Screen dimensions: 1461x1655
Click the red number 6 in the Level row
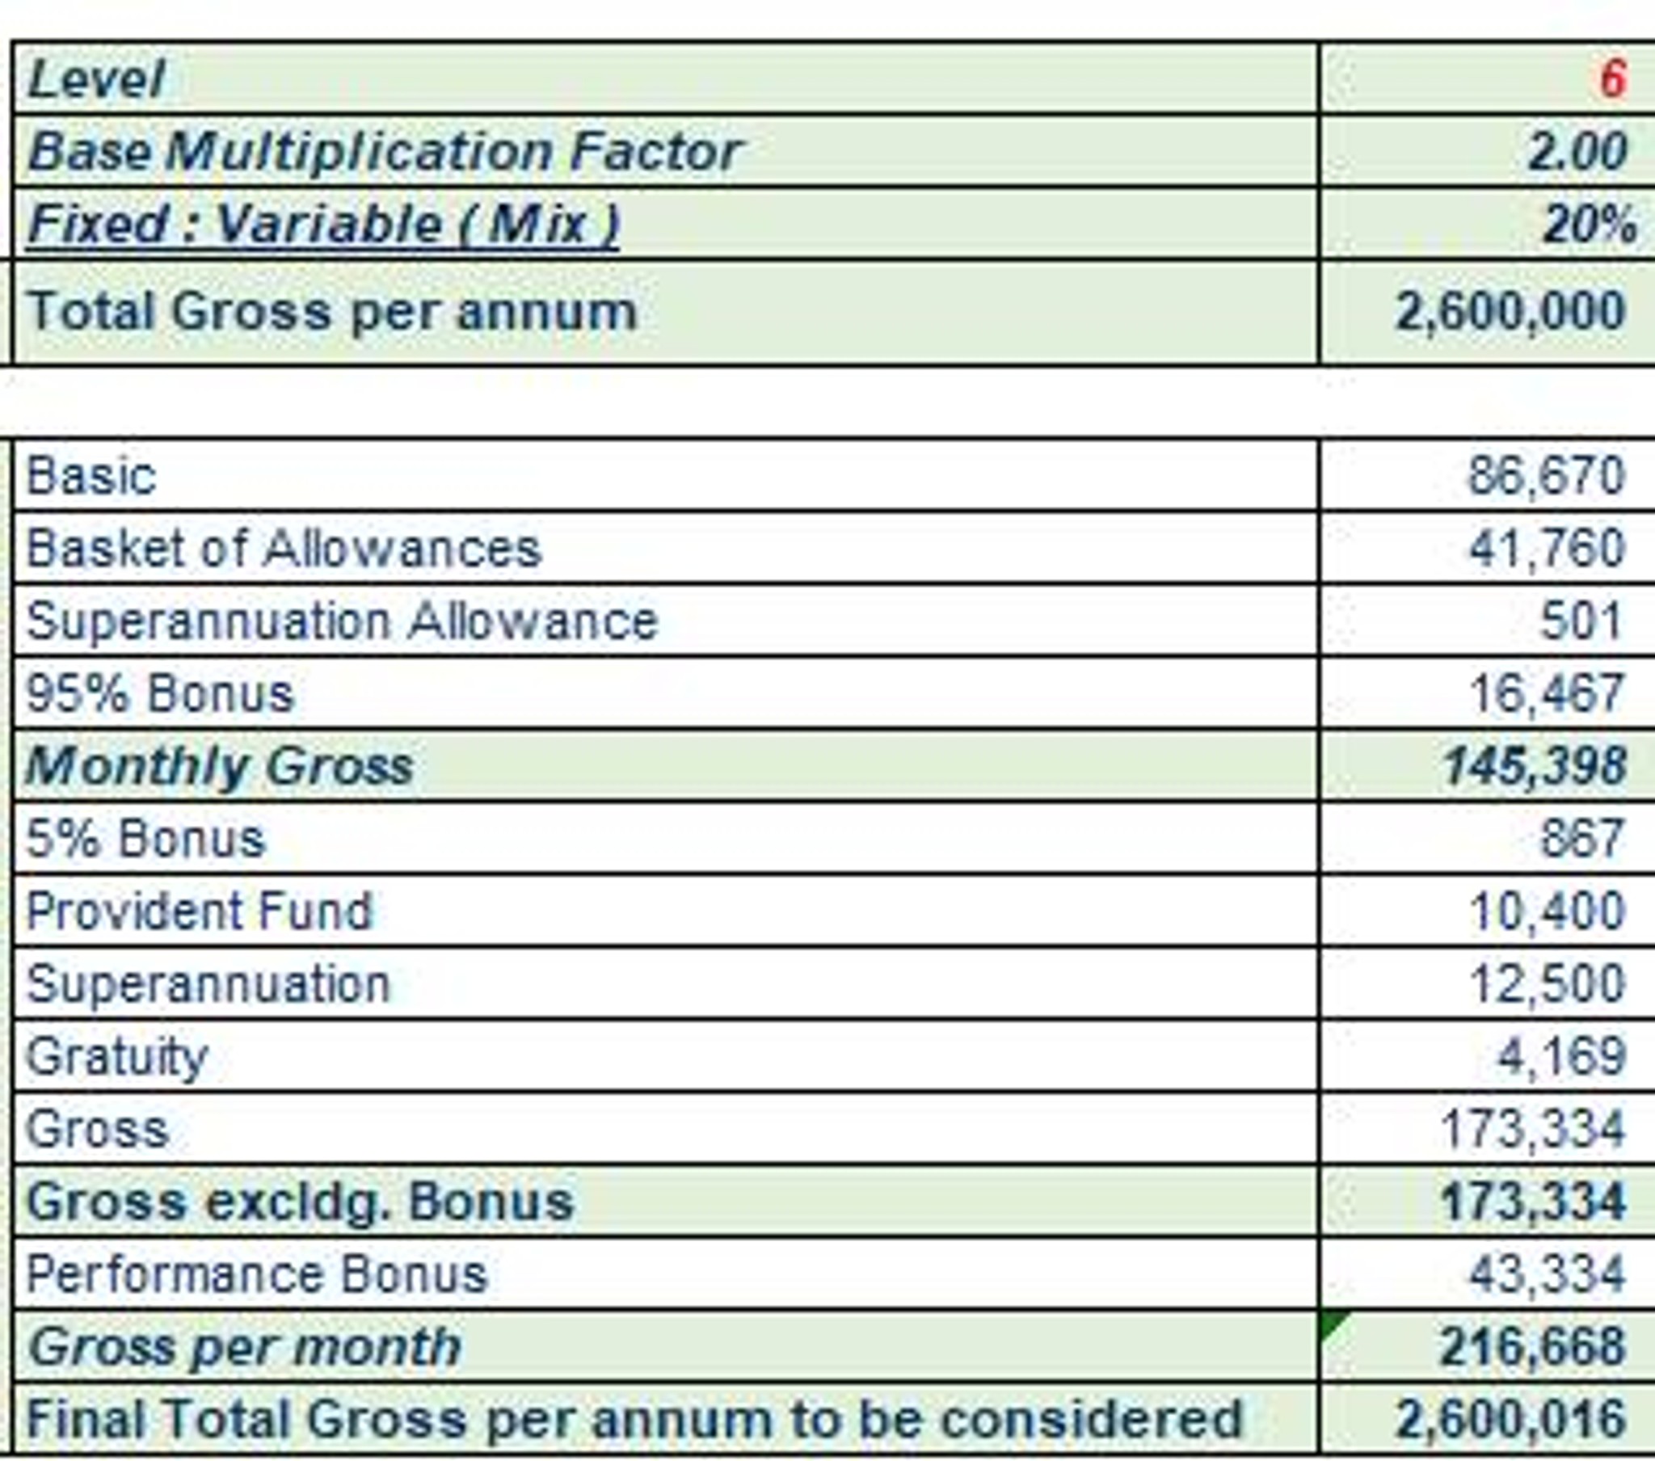point(1611,79)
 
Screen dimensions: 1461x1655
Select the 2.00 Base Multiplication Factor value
point(1577,151)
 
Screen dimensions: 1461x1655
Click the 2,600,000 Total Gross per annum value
point(1510,312)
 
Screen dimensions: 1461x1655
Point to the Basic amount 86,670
point(1546,476)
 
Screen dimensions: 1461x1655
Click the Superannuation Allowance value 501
point(1580,621)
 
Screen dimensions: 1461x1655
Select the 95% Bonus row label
point(159,694)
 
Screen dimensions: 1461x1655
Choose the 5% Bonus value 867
point(1581,838)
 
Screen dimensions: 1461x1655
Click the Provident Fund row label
point(199,911)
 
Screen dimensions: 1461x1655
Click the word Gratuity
point(117,1057)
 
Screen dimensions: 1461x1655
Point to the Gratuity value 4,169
point(1560,1057)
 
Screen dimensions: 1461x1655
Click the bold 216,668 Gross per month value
point(1532,1348)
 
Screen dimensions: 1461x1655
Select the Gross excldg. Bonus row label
point(300,1202)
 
